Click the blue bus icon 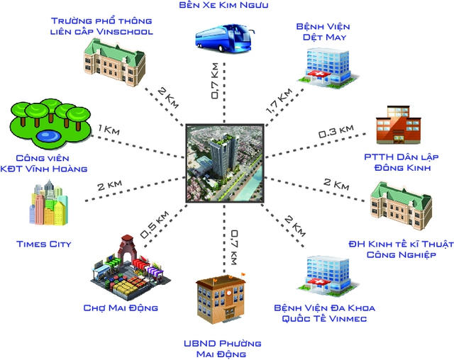click(x=224, y=38)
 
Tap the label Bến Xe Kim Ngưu click(x=223, y=5)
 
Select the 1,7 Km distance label click(x=279, y=101)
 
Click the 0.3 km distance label click(x=336, y=131)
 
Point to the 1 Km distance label click(x=109, y=130)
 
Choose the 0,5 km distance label click(x=154, y=225)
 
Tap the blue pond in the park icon click(x=48, y=136)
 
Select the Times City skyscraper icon click(x=49, y=203)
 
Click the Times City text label click(x=44, y=244)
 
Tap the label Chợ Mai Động click(x=121, y=308)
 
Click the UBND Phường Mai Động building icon click(x=221, y=298)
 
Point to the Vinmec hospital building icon click(x=328, y=275)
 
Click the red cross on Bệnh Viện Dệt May click(x=320, y=74)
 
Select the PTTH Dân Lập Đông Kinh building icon click(x=398, y=125)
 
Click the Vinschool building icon click(x=115, y=62)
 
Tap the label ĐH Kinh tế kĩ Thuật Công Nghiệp click(x=401, y=249)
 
